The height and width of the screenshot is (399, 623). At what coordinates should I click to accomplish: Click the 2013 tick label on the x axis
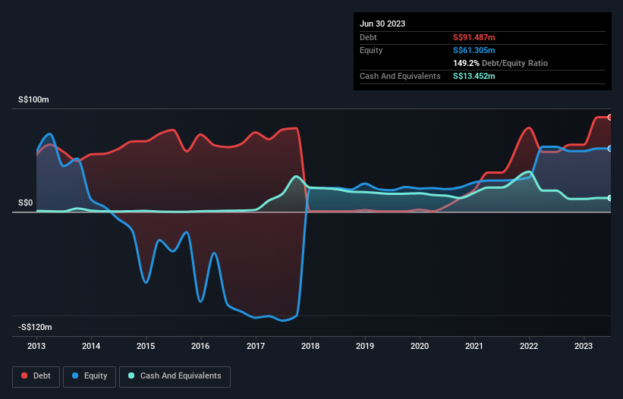tap(36, 346)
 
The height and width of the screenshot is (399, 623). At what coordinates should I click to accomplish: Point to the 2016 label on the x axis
tap(201, 346)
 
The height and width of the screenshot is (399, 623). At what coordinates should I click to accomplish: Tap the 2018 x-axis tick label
tap(310, 346)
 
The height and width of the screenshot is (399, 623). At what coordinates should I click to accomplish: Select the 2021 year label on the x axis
tap(475, 346)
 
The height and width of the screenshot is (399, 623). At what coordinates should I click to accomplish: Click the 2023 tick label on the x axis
tap(584, 346)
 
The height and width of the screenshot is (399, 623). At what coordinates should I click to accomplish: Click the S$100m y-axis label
tap(34, 100)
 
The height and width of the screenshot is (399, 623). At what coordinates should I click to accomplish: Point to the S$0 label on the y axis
tap(27, 203)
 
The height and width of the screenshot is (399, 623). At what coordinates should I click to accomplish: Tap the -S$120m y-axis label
tap(36, 327)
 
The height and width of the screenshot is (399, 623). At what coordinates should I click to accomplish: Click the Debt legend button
tap(36, 376)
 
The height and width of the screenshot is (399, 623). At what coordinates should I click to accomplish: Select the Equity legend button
tap(90, 376)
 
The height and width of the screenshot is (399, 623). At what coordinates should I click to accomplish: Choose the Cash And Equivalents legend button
tap(174, 376)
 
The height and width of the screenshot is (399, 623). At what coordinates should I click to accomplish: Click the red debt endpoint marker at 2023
tap(610, 117)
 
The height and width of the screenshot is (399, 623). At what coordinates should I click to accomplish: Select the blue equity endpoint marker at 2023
tap(610, 149)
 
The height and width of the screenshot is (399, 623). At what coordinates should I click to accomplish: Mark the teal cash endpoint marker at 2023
tap(610, 198)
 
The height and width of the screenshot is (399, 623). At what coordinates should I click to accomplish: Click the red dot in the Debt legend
tap(24, 376)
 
